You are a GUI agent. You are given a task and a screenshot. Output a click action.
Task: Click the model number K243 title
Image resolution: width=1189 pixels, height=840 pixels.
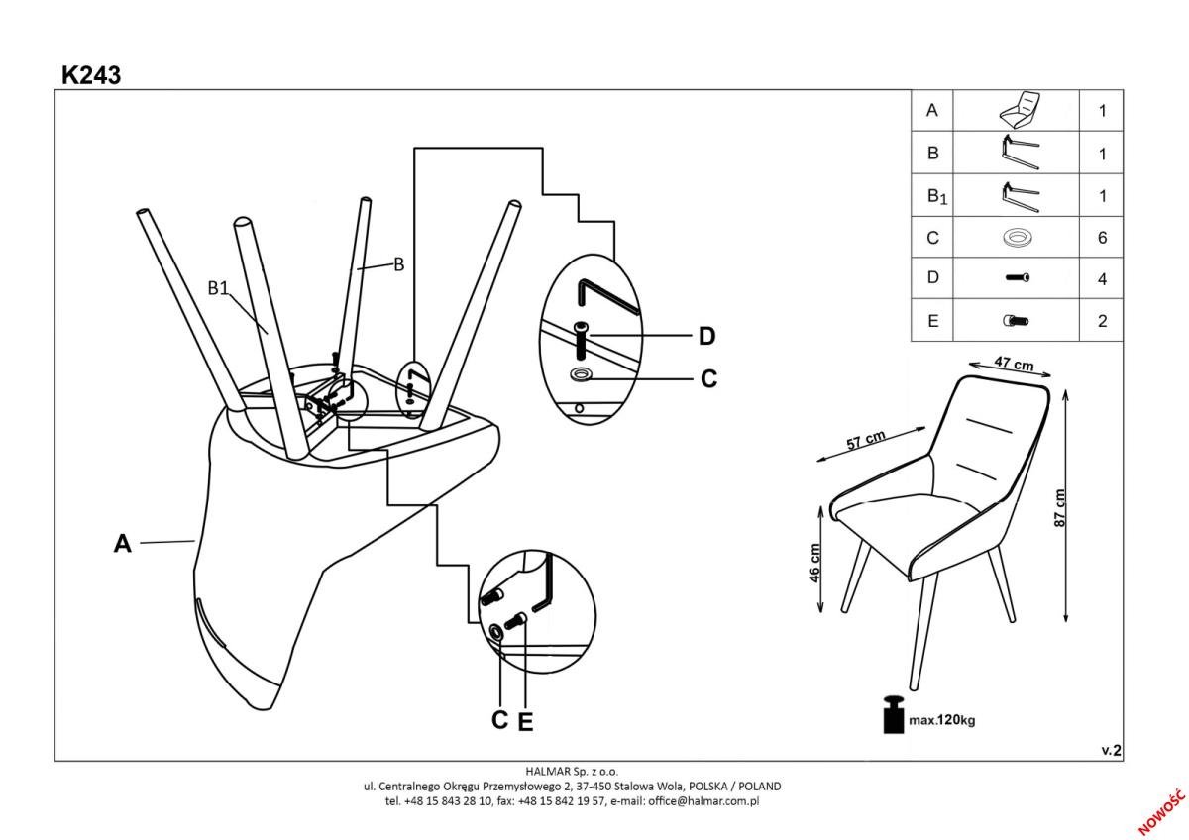(91, 75)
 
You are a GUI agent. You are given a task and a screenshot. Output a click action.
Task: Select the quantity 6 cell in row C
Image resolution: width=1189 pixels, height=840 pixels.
(1102, 238)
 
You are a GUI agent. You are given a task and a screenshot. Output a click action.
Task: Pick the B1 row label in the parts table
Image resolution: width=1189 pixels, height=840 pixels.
(936, 196)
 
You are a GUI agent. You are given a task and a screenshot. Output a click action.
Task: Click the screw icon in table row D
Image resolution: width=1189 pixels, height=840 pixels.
(1017, 278)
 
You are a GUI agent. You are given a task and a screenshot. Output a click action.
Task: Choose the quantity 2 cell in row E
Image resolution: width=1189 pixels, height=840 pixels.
(1102, 321)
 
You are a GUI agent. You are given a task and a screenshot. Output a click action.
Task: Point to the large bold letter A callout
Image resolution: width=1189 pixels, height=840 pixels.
(122, 544)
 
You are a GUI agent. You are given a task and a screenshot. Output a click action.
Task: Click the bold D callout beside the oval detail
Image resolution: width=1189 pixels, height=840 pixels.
(706, 337)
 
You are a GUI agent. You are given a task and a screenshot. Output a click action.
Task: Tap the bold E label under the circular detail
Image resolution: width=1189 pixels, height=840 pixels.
(525, 723)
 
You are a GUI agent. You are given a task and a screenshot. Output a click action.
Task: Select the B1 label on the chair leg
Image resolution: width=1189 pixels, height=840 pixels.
(218, 288)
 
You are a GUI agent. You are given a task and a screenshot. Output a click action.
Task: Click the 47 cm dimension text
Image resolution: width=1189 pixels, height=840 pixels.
(1014, 365)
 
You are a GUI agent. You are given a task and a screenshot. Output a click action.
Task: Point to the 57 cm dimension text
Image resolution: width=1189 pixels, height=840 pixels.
(867, 441)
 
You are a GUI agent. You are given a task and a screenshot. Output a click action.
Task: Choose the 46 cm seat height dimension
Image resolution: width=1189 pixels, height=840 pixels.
(814, 563)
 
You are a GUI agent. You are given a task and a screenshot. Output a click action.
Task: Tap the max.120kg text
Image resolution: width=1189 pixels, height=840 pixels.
(942, 720)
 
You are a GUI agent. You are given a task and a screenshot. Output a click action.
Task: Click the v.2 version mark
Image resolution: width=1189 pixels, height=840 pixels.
(1111, 751)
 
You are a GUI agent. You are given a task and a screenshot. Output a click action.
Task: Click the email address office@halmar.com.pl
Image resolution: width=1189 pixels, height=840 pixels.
(703, 800)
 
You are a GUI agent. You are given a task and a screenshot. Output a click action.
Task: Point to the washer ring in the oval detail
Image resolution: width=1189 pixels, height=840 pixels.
(582, 373)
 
